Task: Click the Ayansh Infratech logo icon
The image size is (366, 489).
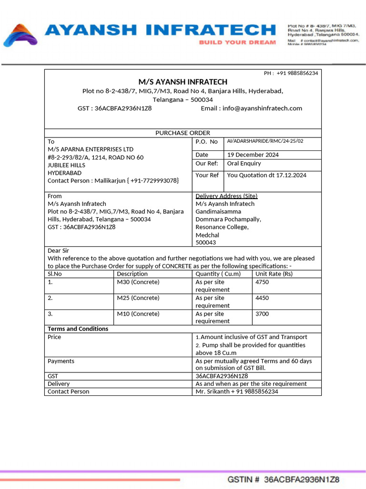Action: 20,35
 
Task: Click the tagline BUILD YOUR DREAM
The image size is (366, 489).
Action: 237,43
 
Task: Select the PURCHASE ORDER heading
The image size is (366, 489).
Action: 183,133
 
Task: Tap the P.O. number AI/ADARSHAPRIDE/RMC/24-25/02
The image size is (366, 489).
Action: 265,141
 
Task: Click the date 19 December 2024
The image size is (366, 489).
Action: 253,155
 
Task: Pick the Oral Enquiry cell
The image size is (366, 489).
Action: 244,163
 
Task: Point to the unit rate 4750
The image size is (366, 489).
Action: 263,282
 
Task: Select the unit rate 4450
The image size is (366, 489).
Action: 263,298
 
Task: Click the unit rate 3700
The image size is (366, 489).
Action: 263,314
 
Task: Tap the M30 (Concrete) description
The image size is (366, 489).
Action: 138,282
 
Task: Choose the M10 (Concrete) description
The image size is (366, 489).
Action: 138,314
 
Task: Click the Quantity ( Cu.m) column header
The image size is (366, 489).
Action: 218,274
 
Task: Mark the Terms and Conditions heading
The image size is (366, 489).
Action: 78,329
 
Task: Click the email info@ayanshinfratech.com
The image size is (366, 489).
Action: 262,108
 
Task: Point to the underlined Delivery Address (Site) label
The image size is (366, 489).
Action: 226,196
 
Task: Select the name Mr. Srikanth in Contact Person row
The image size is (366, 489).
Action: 213,392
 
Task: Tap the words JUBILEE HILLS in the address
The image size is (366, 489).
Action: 66,165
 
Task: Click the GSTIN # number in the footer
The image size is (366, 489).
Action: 301,479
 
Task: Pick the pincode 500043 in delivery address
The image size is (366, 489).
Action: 205,243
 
